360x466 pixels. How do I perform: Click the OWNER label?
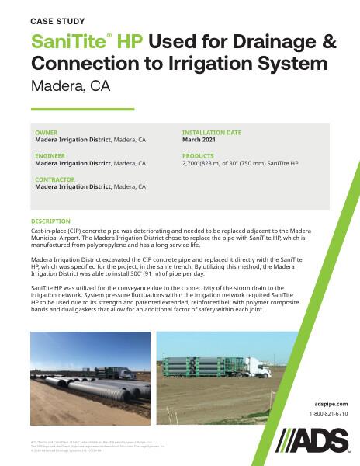[x=47, y=133]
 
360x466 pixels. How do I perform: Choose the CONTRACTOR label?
[x=55, y=179]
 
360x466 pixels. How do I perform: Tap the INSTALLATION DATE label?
[x=211, y=133]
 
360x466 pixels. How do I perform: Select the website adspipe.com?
[x=332, y=404]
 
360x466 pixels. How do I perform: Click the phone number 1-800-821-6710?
[x=329, y=414]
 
